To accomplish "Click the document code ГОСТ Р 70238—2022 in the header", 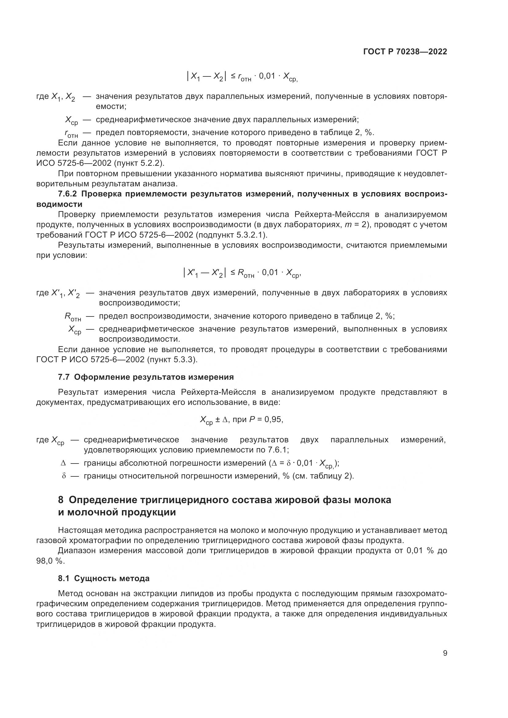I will (x=405, y=52).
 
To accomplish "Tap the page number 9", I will (x=445, y=653).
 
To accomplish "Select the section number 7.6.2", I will (x=67, y=194).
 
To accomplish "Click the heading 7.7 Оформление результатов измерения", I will (x=146, y=377).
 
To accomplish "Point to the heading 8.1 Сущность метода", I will (x=104, y=578).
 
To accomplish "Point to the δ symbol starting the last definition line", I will (x=64, y=476).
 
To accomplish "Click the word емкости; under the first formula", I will (x=111, y=107).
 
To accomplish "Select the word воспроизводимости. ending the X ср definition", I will (x=139, y=339).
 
